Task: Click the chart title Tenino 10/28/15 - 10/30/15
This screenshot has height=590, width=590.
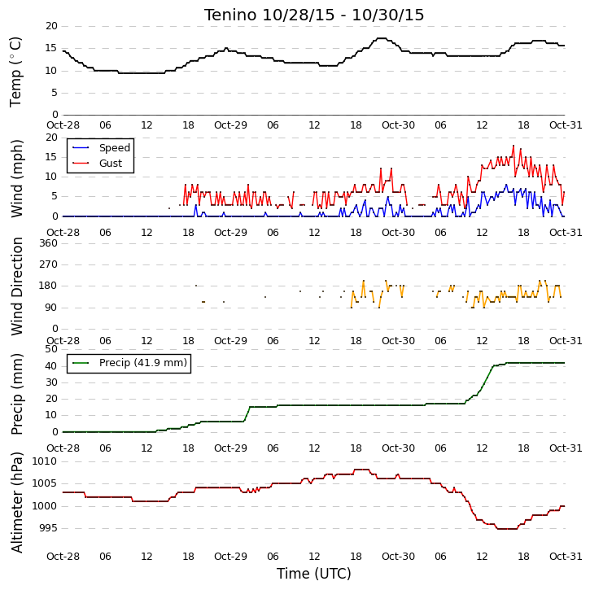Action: coord(314,15)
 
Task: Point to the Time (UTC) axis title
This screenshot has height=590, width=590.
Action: coord(314,574)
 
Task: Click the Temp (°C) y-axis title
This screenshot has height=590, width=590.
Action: coord(15,72)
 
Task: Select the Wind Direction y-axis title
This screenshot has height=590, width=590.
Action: coord(17,286)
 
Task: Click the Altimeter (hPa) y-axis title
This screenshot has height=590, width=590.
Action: coord(16,502)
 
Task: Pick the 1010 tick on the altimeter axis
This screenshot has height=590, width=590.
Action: coord(45,461)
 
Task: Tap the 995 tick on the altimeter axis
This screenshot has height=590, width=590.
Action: coord(48,528)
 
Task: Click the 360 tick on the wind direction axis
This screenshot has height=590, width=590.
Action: coord(48,243)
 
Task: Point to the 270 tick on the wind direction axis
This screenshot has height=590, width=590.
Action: coord(48,264)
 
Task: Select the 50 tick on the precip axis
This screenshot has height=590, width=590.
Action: coord(51,349)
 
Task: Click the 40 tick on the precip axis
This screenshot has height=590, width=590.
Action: coord(51,366)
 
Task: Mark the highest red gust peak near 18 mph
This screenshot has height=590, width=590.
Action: coord(514,146)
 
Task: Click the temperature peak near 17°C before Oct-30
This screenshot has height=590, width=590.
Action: coord(381,38)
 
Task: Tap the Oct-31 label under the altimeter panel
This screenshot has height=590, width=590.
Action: coord(566,556)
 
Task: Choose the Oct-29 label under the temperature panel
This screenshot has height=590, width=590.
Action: coord(230,125)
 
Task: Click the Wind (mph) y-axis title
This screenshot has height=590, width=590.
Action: coord(17,178)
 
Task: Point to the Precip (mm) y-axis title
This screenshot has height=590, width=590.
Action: coord(17,395)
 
